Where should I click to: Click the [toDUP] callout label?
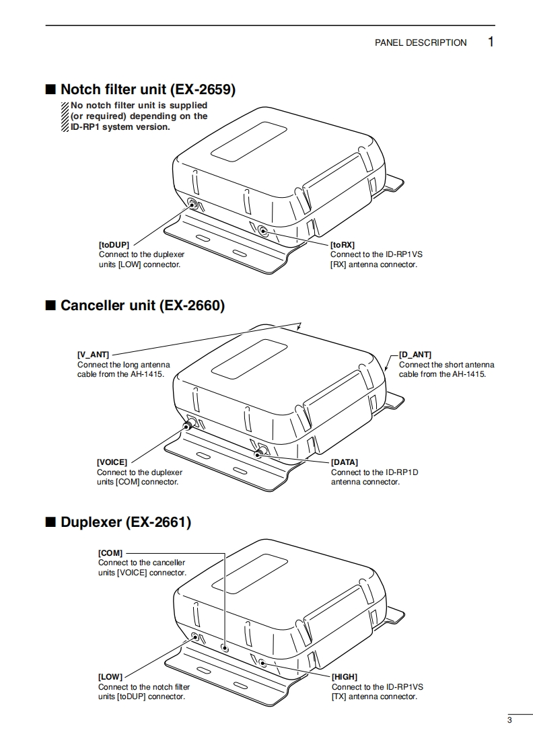pos(114,245)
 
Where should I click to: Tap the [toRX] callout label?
pos(343,245)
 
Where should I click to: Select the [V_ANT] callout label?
pos(93,355)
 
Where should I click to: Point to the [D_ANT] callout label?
pos(415,355)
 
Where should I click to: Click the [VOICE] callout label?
pos(112,462)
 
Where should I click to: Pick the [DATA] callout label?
pos(345,462)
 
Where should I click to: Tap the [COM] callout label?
pos(110,552)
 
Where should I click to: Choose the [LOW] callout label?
pos(110,677)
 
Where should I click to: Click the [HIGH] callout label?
pos(345,677)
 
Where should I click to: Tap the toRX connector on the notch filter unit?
pos(263,231)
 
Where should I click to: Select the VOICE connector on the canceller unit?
pos(189,424)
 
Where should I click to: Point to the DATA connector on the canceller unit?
pos(259,452)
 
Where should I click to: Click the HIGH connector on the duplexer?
pos(262,663)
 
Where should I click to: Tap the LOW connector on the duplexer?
pos(194,636)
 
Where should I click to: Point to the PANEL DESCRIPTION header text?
pos(421,42)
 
